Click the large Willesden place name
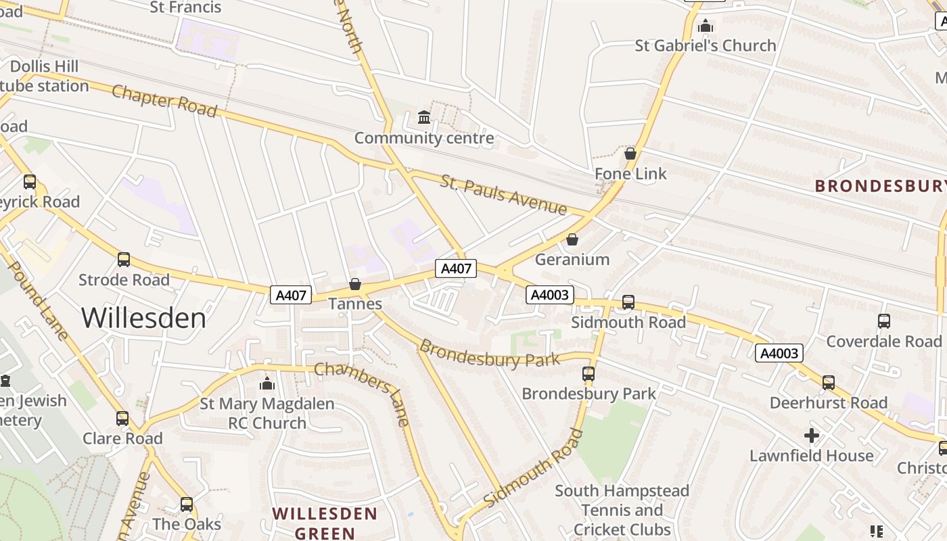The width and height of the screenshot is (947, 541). (x=143, y=318)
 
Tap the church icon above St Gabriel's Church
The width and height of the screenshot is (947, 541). (x=706, y=26)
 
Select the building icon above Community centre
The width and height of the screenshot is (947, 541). (x=424, y=118)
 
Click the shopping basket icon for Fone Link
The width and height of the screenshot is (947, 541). (x=630, y=154)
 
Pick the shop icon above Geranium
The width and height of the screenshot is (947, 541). (x=572, y=239)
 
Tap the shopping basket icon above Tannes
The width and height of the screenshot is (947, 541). (x=355, y=284)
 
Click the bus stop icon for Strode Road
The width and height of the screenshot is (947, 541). (x=124, y=260)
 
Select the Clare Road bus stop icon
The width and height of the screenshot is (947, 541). (x=122, y=419)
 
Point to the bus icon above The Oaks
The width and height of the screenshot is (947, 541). (x=187, y=504)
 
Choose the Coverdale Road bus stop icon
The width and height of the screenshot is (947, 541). (x=884, y=321)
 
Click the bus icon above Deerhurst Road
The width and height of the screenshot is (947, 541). (x=829, y=383)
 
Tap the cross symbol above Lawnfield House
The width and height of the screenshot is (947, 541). (x=812, y=436)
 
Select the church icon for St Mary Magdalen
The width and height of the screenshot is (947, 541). (x=267, y=384)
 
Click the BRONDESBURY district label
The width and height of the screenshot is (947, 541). (x=879, y=186)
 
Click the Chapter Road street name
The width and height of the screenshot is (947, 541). (x=164, y=101)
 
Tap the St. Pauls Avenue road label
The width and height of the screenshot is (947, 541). (x=503, y=194)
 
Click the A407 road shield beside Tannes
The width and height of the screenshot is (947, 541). (x=292, y=295)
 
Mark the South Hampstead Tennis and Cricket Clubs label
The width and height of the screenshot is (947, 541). (x=622, y=510)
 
